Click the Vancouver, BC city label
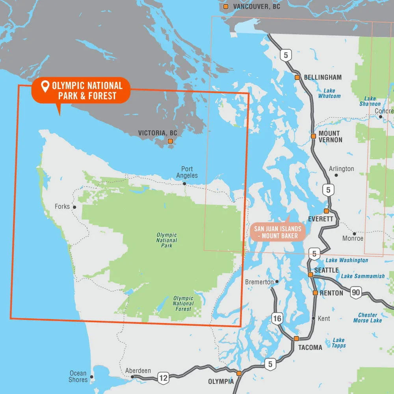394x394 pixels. coord(256,7)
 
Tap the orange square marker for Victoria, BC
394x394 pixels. coord(171,141)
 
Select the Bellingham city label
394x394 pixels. coord(323,77)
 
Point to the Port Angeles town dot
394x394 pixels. coord(184,184)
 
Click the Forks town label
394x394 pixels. coord(62,206)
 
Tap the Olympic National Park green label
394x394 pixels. coord(167,240)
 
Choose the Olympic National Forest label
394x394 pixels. coord(183,303)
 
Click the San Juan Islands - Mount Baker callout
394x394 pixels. coord(278,232)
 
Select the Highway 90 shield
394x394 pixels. coord(356,292)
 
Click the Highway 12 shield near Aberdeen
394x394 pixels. coord(163,378)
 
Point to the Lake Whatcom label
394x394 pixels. coord(329,93)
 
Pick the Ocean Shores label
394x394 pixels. coord(78,376)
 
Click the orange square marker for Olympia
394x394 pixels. coord(239,373)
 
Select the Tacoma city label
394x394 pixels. coord(310,348)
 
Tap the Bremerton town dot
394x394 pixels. coord(277,282)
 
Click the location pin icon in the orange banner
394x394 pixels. coord(45,85)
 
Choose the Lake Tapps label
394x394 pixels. coord(339,343)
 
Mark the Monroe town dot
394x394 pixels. coord(354,234)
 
